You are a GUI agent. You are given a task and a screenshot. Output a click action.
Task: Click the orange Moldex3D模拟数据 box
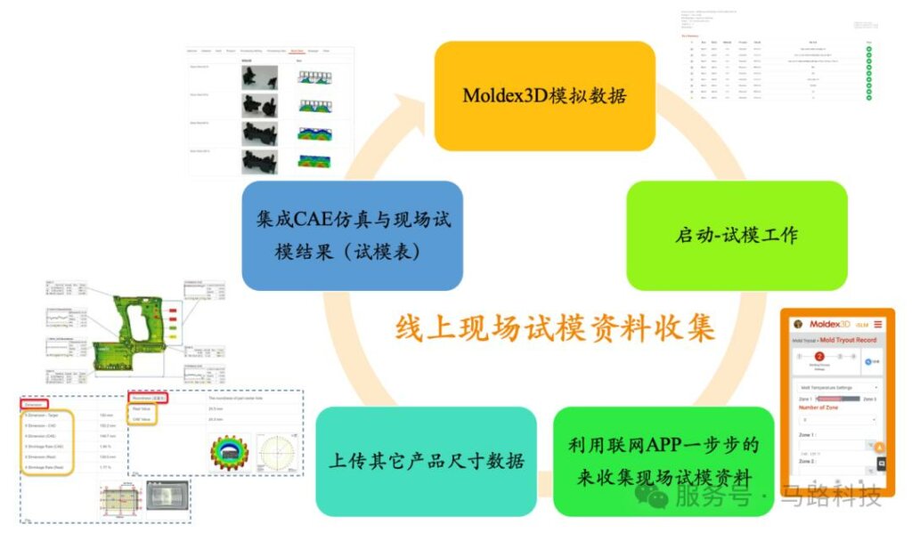544,95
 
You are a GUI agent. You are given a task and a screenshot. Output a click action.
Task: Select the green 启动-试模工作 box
737,236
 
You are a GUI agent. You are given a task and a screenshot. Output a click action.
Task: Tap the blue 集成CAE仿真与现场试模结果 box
351,236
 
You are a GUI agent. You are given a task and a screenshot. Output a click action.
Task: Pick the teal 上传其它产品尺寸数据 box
426,461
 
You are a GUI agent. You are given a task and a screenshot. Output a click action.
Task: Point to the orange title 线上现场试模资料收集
555,327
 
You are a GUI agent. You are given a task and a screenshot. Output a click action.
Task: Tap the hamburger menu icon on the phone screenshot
877,324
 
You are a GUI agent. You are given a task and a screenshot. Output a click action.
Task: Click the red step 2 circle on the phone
819,356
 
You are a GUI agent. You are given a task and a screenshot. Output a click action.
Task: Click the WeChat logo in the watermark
656,497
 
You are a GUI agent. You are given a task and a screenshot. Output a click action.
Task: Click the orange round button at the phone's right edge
879,448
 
